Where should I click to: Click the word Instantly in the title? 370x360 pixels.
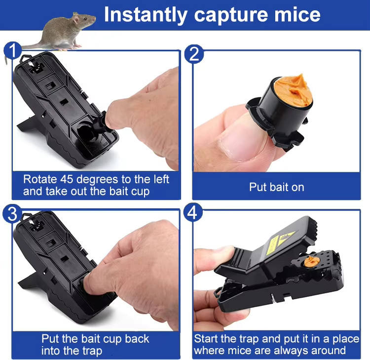[x=146, y=15]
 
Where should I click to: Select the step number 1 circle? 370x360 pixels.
[x=12, y=50]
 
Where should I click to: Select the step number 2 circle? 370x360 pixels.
[x=194, y=54]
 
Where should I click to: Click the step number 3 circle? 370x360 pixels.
[x=12, y=214]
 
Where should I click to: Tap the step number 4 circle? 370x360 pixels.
[x=193, y=212]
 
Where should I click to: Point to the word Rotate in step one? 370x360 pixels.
[x=40, y=179]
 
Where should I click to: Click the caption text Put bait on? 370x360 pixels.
[x=277, y=187]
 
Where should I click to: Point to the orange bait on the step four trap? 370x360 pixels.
[x=312, y=261]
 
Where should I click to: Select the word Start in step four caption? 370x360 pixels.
[x=206, y=339]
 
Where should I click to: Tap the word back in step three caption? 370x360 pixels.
[x=137, y=339]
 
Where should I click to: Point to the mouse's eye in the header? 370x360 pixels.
[x=85, y=18]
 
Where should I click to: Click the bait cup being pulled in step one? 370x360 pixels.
[x=100, y=123]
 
